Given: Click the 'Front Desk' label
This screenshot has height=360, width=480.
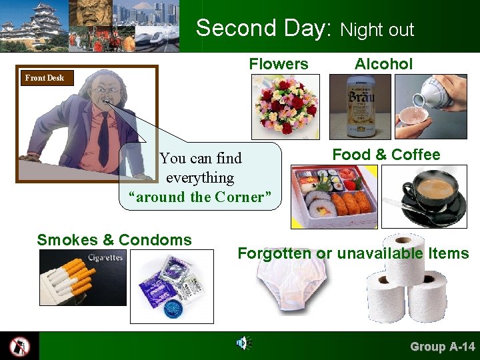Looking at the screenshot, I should point(44,78).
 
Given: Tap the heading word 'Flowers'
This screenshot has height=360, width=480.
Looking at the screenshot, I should point(279,64).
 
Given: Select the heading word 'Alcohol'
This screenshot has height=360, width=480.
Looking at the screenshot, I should point(383,64).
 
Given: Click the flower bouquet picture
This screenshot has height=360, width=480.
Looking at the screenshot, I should point(285,106).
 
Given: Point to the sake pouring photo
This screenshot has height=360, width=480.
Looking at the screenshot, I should point(431,106).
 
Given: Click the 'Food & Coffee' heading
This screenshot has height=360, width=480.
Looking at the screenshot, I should point(386,155).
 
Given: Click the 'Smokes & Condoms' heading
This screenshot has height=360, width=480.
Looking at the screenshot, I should point(114,240).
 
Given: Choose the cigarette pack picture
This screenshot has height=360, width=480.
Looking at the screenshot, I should point(82,278).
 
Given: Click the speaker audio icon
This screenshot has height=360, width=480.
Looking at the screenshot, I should point(243,344).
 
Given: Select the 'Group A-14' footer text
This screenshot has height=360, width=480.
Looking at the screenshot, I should point(442,347).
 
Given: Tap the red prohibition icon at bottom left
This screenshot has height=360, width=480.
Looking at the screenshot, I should point(19,346).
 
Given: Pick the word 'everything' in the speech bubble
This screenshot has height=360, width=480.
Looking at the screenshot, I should point(200,178).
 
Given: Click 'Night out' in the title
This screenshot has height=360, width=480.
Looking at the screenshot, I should point(377,30).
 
